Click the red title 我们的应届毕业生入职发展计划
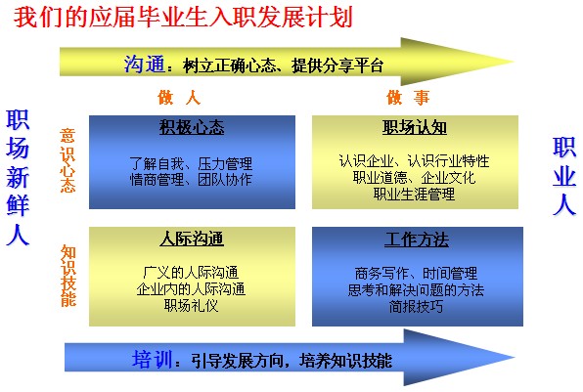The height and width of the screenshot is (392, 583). point(183,17)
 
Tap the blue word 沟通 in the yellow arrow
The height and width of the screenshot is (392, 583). point(144,64)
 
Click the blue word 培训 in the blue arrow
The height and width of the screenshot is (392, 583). point(152,360)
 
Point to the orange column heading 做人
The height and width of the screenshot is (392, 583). point(179,98)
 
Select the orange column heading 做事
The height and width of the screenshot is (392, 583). point(408,98)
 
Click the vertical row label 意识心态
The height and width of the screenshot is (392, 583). point(67,160)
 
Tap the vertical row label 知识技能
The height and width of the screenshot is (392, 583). point(68,276)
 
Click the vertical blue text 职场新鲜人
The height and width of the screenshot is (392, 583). point(18,178)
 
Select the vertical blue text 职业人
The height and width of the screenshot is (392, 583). point(564,176)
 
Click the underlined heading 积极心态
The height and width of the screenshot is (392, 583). point(192,127)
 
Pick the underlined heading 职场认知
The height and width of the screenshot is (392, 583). point(415,127)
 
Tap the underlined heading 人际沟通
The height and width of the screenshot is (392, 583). point(192,239)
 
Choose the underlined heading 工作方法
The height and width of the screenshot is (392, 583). point(417,240)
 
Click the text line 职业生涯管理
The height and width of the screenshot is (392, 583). point(414,194)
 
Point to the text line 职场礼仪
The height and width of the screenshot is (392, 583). point(191,305)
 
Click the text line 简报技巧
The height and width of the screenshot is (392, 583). point(416,307)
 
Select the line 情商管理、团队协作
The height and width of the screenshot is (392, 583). point(191,180)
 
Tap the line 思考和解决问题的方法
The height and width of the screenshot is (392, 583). point(416,290)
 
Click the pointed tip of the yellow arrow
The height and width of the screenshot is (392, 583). point(515,62)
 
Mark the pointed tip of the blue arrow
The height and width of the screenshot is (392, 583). point(515,358)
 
